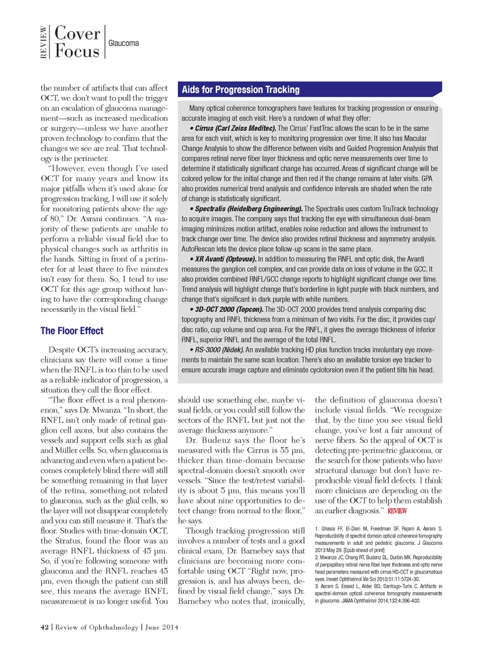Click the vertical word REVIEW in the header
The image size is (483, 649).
(x=44, y=42)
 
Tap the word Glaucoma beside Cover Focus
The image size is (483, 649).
(x=123, y=43)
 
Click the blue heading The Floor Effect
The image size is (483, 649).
(x=72, y=331)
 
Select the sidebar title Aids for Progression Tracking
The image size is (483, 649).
(x=240, y=90)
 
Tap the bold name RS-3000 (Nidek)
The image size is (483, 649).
(x=219, y=350)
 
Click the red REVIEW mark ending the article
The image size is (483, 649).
(x=397, y=511)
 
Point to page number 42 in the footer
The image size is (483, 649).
(x=45, y=627)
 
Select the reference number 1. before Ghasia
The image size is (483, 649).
(x=317, y=529)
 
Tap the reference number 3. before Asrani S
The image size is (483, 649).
(x=317, y=586)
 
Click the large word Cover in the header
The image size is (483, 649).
(x=77, y=34)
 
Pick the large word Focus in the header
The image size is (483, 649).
(x=77, y=51)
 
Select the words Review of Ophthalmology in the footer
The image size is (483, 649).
(x=97, y=627)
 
